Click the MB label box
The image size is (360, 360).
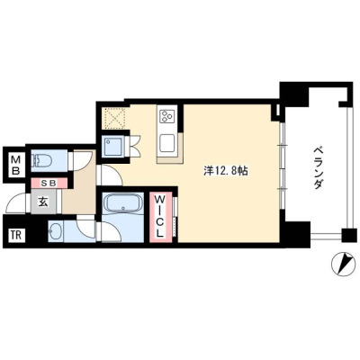click(x=15, y=165)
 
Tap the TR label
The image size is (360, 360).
click(x=16, y=235)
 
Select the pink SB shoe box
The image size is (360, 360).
click(x=49, y=184)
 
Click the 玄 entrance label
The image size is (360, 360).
click(x=43, y=202)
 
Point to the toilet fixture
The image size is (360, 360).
click(x=41, y=160)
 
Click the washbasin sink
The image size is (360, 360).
click(x=56, y=231)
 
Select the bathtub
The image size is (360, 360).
click(x=123, y=203)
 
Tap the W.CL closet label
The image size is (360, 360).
click(x=160, y=216)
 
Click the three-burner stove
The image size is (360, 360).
click(x=166, y=116)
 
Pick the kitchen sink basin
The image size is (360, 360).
click(x=167, y=143)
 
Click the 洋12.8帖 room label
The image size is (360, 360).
click(x=226, y=171)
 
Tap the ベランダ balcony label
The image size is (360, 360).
click(x=317, y=167)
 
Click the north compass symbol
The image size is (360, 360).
click(x=343, y=264)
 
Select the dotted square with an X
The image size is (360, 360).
click(x=114, y=119)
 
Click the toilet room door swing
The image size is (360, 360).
click(x=82, y=160)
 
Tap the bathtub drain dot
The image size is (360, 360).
click(x=123, y=208)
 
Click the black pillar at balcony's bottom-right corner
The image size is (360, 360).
click(x=348, y=235)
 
